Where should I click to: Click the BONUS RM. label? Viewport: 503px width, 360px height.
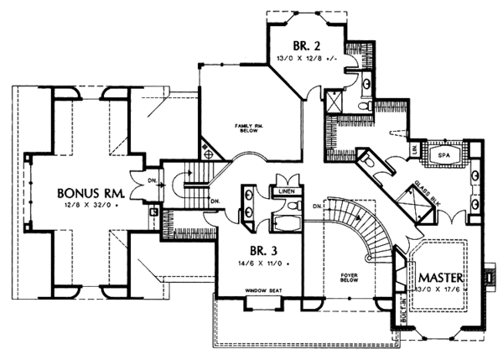click(86, 191)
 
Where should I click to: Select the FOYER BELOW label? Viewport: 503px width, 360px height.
click(342, 279)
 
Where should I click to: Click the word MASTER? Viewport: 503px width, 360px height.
click(438, 275)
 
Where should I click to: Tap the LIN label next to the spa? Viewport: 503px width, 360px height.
click(416, 151)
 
